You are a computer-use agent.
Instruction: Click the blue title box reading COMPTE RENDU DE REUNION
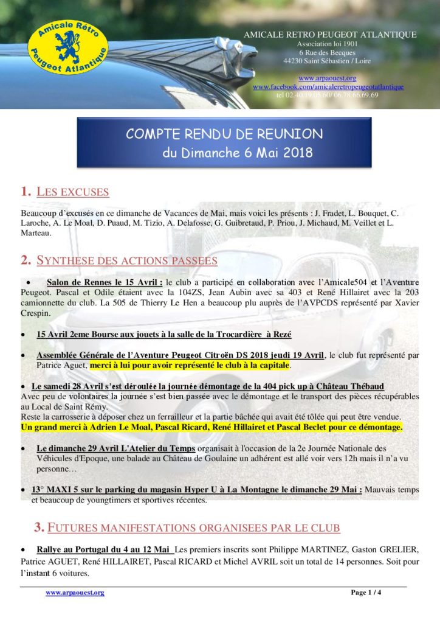224,143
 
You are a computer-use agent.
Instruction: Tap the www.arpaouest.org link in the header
327,78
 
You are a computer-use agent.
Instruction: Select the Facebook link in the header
328,87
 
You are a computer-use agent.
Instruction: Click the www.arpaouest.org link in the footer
75,592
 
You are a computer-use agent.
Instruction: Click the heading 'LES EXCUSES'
72,192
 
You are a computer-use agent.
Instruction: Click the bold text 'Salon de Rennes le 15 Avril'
104,282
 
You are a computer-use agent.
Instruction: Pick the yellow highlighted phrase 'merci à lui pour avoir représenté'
190,366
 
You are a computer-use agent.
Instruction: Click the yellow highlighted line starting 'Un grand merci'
211,428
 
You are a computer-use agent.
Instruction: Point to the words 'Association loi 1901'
328,44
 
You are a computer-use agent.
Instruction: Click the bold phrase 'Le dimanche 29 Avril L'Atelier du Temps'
113,448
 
